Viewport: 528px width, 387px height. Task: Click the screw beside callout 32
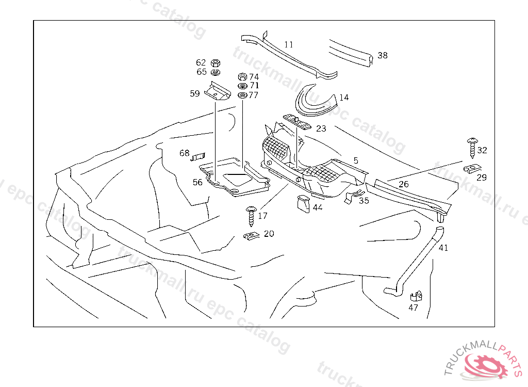[x=472, y=148]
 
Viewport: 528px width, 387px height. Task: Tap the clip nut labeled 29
[x=472, y=168]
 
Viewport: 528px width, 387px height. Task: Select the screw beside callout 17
[x=251, y=216]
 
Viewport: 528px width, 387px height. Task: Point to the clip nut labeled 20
[x=251, y=236]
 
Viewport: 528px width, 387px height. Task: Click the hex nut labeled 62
[x=216, y=63]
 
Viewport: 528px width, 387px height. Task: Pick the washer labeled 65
[x=216, y=72]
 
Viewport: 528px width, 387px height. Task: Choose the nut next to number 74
[x=242, y=77]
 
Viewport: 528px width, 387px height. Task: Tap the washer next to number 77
[x=242, y=95]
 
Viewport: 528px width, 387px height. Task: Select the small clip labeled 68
[x=198, y=157]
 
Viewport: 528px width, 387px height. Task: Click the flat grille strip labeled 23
[x=298, y=122]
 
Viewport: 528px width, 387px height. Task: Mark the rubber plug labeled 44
[x=303, y=204]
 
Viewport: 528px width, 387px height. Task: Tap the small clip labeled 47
[x=416, y=296]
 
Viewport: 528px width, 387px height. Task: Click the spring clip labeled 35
[x=354, y=197]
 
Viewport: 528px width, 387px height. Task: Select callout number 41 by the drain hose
[x=443, y=248]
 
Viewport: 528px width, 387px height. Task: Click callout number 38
[x=383, y=55]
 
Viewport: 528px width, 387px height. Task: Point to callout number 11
[x=289, y=44]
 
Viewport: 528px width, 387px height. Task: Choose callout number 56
[x=197, y=182]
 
